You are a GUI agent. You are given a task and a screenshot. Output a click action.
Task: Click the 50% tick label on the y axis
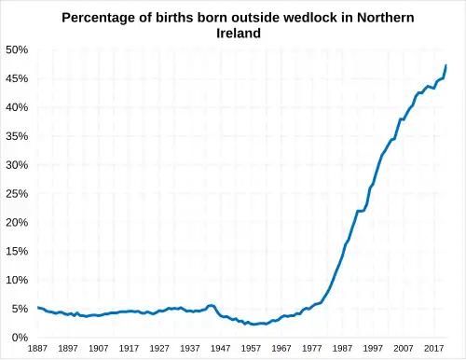click(x=17, y=49)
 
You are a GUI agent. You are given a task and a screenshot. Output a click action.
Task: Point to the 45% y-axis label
click(x=17, y=78)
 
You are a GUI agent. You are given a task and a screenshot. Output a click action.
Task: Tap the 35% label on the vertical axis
click(x=17, y=136)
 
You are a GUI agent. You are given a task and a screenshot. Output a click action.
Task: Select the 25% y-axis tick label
click(x=17, y=194)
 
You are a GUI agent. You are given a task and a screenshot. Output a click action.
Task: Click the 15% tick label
click(x=17, y=252)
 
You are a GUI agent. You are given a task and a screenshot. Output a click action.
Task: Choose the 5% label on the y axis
click(x=20, y=309)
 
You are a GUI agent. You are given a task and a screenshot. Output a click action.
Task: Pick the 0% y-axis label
click(x=20, y=338)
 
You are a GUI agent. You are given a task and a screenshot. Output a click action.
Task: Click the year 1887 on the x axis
click(x=37, y=349)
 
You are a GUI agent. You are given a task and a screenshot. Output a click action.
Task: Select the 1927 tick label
click(x=159, y=349)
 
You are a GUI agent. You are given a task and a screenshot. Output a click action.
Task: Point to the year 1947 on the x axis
click(x=220, y=349)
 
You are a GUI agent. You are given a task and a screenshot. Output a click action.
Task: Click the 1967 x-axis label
click(x=281, y=349)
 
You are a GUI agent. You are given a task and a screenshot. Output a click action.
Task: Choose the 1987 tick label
click(x=342, y=349)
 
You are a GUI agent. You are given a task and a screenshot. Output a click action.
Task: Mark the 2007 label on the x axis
click(x=404, y=349)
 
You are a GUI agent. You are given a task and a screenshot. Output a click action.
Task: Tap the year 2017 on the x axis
click(x=433, y=349)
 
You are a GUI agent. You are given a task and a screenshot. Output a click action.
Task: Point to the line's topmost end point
click(x=446, y=65)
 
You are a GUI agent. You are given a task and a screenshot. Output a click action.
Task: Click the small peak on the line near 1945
click(x=212, y=305)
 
